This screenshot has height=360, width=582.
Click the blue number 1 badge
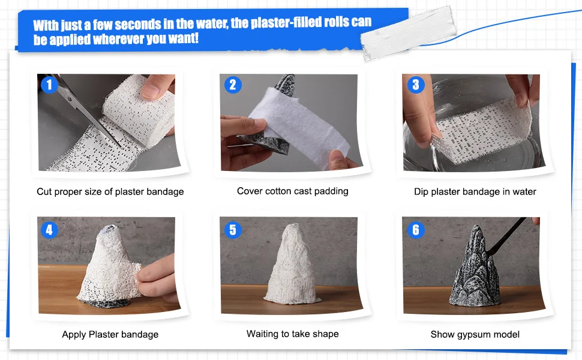pyautogui.click(x=49, y=85)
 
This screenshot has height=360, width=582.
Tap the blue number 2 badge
pyautogui.click(x=232, y=85)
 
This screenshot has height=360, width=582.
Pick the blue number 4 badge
pyautogui.click(x=49, y=229)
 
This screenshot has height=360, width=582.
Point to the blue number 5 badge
pyautogui.click(x=232, y=229)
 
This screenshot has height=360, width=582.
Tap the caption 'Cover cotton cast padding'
pyautogui.click(x=292, y=191)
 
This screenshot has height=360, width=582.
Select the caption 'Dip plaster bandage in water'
pyautogui.click(x=475, y=191)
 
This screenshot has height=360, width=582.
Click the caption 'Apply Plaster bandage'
pyautogui.click(x=110, y=334)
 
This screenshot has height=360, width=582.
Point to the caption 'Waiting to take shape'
pyautogui.click(x=292, y=334)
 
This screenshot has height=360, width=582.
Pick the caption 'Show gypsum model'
pyautogui.click(x=475, y=334)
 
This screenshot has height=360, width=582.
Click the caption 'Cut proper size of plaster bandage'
pyautogui.click(x=110, y=191)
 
